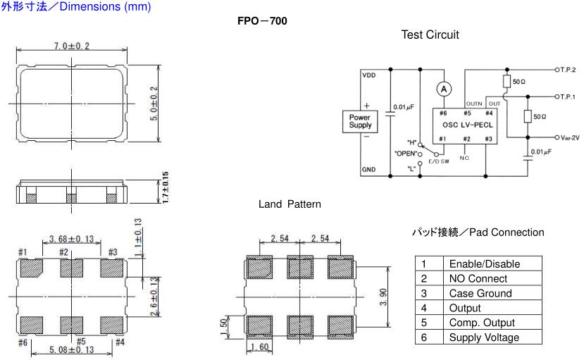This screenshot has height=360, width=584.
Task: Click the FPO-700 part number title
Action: [263, 21]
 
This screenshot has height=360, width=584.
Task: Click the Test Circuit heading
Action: [430, 35]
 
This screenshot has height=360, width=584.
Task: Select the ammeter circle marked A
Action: [444, 88]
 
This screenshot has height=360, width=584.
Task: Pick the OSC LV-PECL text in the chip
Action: [466, 124]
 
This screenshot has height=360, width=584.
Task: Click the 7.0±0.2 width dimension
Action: [71, 46]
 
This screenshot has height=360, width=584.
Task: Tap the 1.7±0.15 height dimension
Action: [166, 188]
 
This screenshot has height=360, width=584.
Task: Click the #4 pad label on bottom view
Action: [120, 342]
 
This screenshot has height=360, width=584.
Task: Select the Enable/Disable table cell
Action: [484, 263]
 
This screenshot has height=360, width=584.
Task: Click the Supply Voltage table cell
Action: [484, 337]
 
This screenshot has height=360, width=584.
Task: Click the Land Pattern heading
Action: [290, 204]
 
